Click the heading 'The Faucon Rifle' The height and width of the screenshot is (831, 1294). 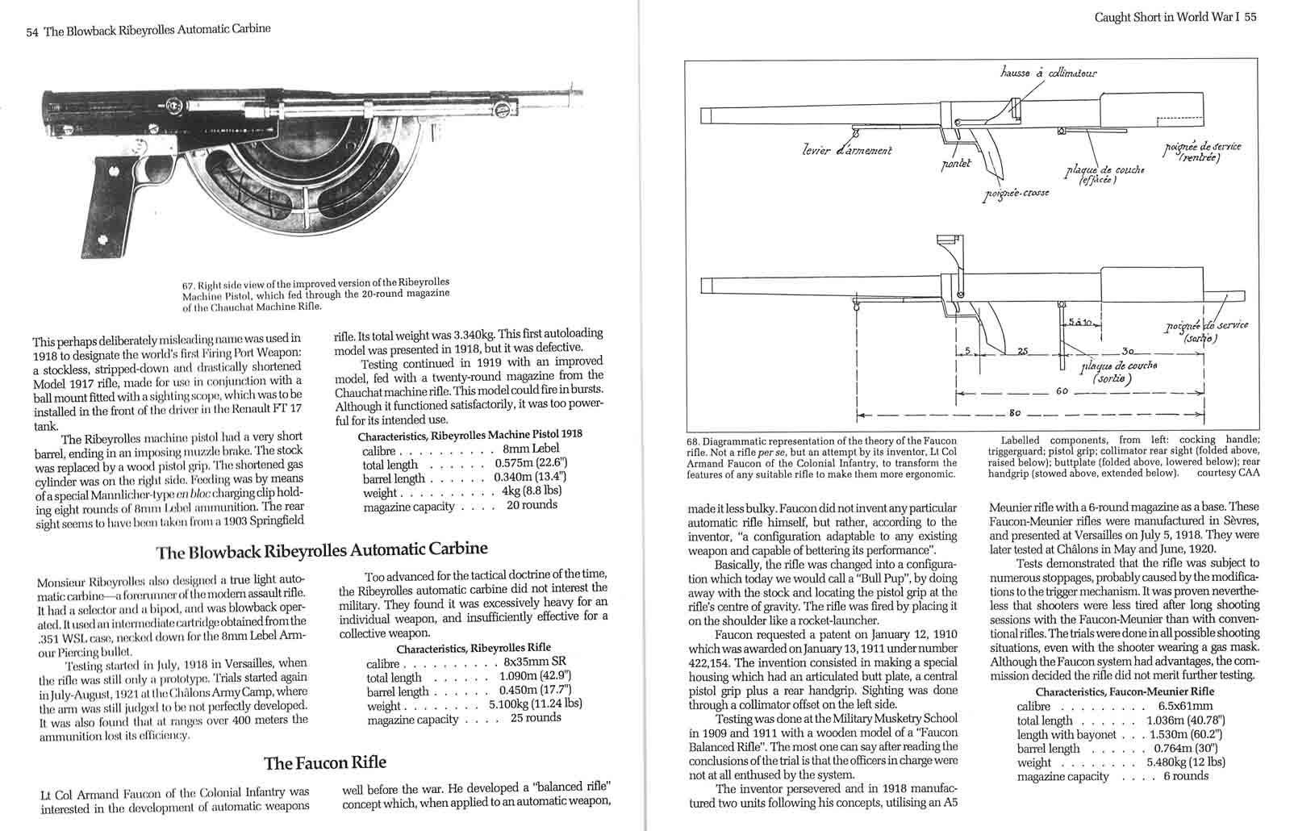[325, 762]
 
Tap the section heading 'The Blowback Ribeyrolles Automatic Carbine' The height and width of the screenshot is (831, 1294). [322, 550]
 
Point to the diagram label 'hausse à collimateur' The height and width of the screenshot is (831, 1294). [1048, 73]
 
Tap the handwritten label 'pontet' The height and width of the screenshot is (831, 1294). [957, 164]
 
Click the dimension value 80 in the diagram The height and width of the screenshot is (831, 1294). [1014, 412]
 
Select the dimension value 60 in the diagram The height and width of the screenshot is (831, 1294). [1062, 391]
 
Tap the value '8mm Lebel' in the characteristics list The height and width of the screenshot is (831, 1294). [530, 449]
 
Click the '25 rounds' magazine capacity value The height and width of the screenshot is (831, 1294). [536, 717]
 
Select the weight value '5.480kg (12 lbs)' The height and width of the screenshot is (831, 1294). [1185, 762]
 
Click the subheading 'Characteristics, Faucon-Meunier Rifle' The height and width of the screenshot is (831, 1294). [1125, 691]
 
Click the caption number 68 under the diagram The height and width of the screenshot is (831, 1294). [693, 441]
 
